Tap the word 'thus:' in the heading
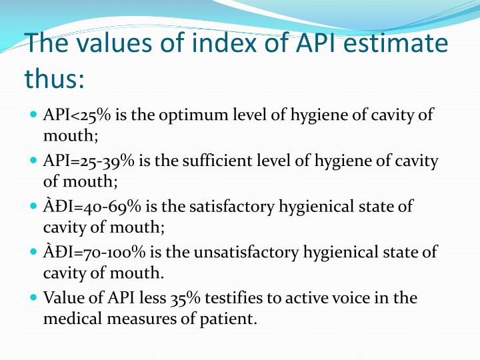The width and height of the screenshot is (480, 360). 55,79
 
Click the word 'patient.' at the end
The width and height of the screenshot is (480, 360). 227,319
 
